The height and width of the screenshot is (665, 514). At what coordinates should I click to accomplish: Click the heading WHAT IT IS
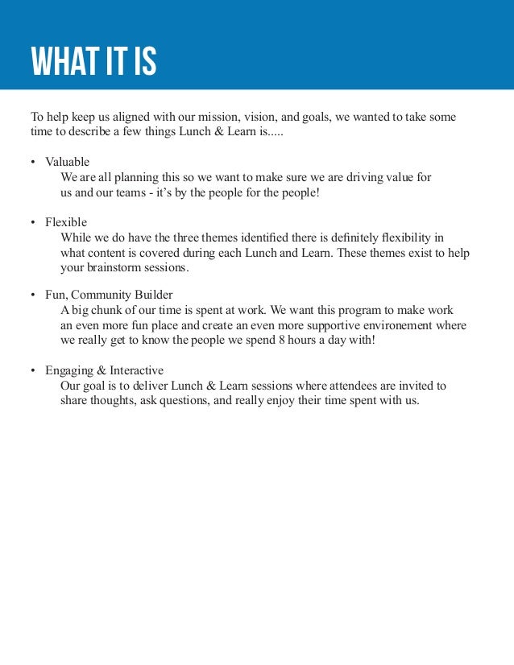[93, 61]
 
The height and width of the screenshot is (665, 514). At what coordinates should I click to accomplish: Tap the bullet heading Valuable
[67, 162]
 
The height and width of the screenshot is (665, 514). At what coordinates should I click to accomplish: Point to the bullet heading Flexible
[66, 221]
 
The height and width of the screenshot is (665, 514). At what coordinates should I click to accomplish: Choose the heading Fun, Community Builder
[109, 295]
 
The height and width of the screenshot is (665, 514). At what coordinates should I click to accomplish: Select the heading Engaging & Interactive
[105, 370]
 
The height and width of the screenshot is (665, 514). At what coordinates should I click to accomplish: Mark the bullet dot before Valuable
[33, 163]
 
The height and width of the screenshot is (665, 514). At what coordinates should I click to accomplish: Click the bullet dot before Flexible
[33, 222]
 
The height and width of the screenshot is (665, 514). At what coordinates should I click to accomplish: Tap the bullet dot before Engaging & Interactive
[33, 371]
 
